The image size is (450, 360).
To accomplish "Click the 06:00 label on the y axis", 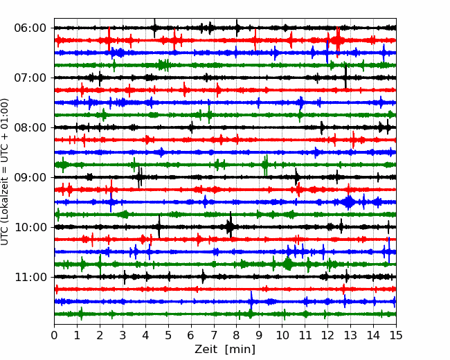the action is (x=30, y=28).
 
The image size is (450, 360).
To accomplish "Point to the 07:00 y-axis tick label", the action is (x=30, y=78).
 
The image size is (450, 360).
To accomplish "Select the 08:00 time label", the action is (x=30, y=128).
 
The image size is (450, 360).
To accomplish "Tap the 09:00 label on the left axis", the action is (x=30, y=177).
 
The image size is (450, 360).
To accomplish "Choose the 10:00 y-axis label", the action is (x=30, y=227).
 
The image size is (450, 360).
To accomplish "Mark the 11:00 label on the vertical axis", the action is (x=30, y=278).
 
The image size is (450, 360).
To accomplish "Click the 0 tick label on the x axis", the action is (x=54, y=335).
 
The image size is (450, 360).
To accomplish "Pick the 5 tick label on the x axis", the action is (x=168, y=335).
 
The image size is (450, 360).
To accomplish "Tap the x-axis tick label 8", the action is (x=237, y=335).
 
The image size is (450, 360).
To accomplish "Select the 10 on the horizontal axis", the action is (x=282, y=335).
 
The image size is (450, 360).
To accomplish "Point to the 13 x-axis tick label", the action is (x=350, y=335).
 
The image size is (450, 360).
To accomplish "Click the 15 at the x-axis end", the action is (x=396, y=335).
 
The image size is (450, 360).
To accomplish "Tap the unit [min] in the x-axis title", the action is (x=240, y=350).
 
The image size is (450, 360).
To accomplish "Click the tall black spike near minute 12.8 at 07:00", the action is (x=345, y=77).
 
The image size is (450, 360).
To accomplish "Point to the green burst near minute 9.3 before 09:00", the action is (x=266, y=165).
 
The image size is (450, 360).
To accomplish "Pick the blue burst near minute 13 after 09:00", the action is (x=349, y=202).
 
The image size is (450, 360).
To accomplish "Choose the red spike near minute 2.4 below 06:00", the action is (x=109, y=39).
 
